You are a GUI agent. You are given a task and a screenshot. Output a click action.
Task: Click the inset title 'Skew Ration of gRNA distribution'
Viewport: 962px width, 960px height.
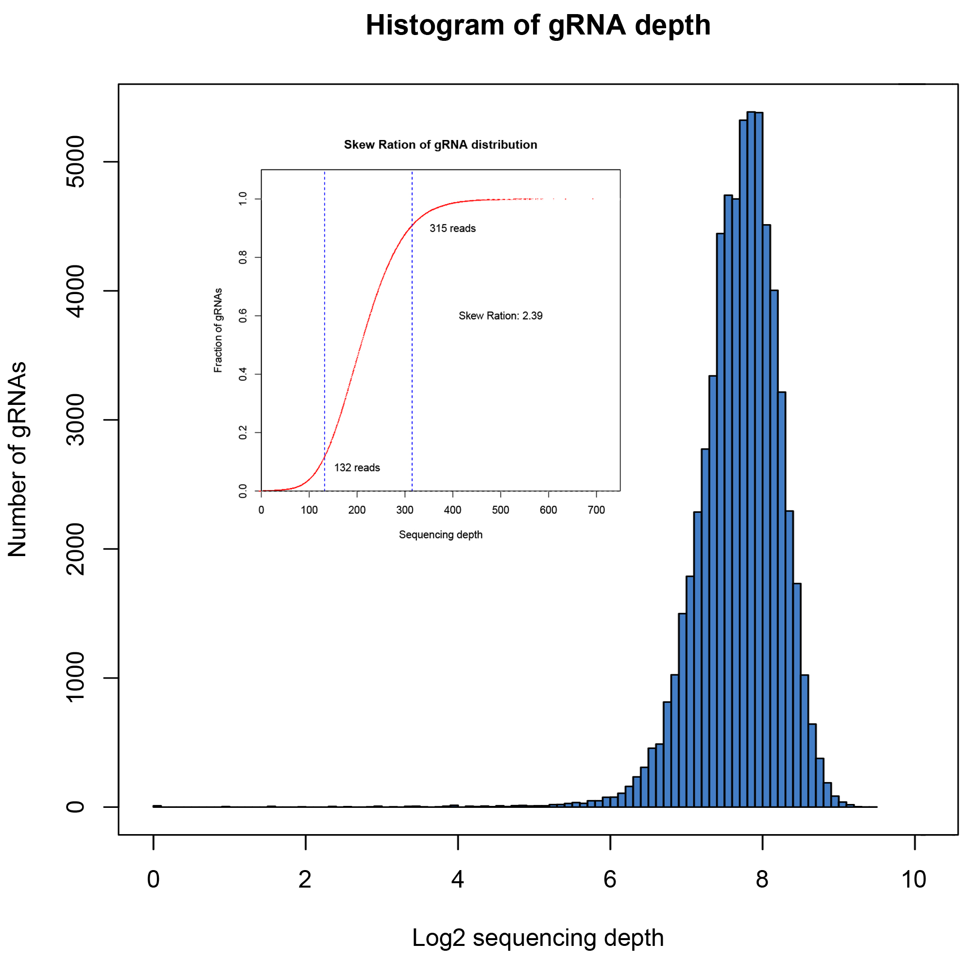point(440,144)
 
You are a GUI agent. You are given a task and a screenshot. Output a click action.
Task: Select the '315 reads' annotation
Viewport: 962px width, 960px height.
point(452,228)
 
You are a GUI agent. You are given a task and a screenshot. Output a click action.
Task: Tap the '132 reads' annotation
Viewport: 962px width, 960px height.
point(357,467)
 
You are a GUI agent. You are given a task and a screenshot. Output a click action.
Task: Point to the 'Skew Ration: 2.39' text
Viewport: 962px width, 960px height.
point(500,315)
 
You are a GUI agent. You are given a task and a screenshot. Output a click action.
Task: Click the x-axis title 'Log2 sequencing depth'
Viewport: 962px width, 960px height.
point(538,938)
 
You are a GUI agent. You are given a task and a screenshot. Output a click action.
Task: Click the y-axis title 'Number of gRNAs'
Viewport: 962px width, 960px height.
point(18,459)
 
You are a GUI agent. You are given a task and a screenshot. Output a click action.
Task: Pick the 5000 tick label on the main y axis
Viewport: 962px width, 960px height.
point(76,161)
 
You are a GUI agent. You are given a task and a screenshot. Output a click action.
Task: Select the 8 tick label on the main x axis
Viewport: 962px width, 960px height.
point(762,879)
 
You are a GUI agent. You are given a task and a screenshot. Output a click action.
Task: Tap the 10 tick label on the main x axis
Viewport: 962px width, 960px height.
point(914,879)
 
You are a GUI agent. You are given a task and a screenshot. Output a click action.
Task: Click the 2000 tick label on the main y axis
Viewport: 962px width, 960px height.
point(76,549)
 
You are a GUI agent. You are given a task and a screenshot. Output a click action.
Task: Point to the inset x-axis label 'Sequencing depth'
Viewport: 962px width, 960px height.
point(440,535)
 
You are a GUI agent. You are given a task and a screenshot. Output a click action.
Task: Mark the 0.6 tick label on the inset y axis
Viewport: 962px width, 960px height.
point(243,315)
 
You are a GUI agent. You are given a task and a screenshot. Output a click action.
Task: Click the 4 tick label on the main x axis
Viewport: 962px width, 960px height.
point(458,879)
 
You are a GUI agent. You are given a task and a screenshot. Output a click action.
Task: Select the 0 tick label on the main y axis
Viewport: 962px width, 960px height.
point(76,806)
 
